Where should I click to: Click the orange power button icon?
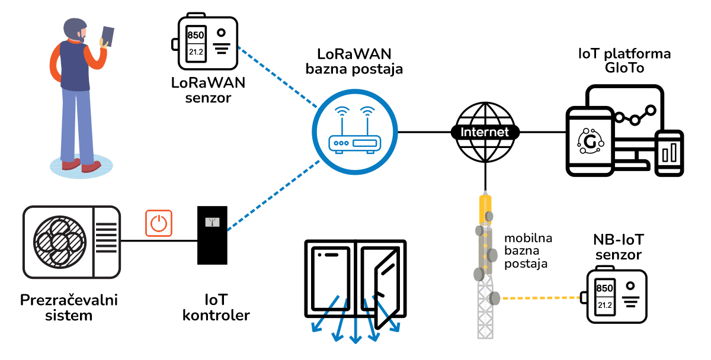[159, 223]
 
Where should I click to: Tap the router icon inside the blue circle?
[354, 130]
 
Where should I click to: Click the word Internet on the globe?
[485, 132]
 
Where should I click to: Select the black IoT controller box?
[212, 235]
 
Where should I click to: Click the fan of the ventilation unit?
[60, 242]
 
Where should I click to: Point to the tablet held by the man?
[108, 37]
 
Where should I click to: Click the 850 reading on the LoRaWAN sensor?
[196, 35]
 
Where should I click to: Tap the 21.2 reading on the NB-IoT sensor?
[605, 305]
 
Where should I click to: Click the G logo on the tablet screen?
[590, 142]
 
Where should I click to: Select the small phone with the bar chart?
[669, 153]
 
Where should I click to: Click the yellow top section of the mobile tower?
[485, 210]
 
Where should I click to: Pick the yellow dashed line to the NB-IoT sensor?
[540, 298]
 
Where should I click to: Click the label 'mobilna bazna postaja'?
[528, 251]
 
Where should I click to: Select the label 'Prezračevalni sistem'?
[69, 307]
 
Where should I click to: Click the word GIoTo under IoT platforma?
[624, 68]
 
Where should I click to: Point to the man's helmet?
[74, 27]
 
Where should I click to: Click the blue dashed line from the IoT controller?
[274, 195]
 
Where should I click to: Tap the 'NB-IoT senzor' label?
[619, 247]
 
